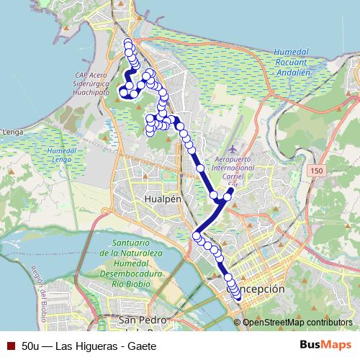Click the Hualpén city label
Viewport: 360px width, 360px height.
pyautogui.click(x=161, y=199)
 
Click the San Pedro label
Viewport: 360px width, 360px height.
pyautogui.click(x=144, y=320)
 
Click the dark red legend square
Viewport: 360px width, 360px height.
pyautogui.click(x=11, y=345)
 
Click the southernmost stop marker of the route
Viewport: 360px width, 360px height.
pyautogui.click(x=238, y=297)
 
